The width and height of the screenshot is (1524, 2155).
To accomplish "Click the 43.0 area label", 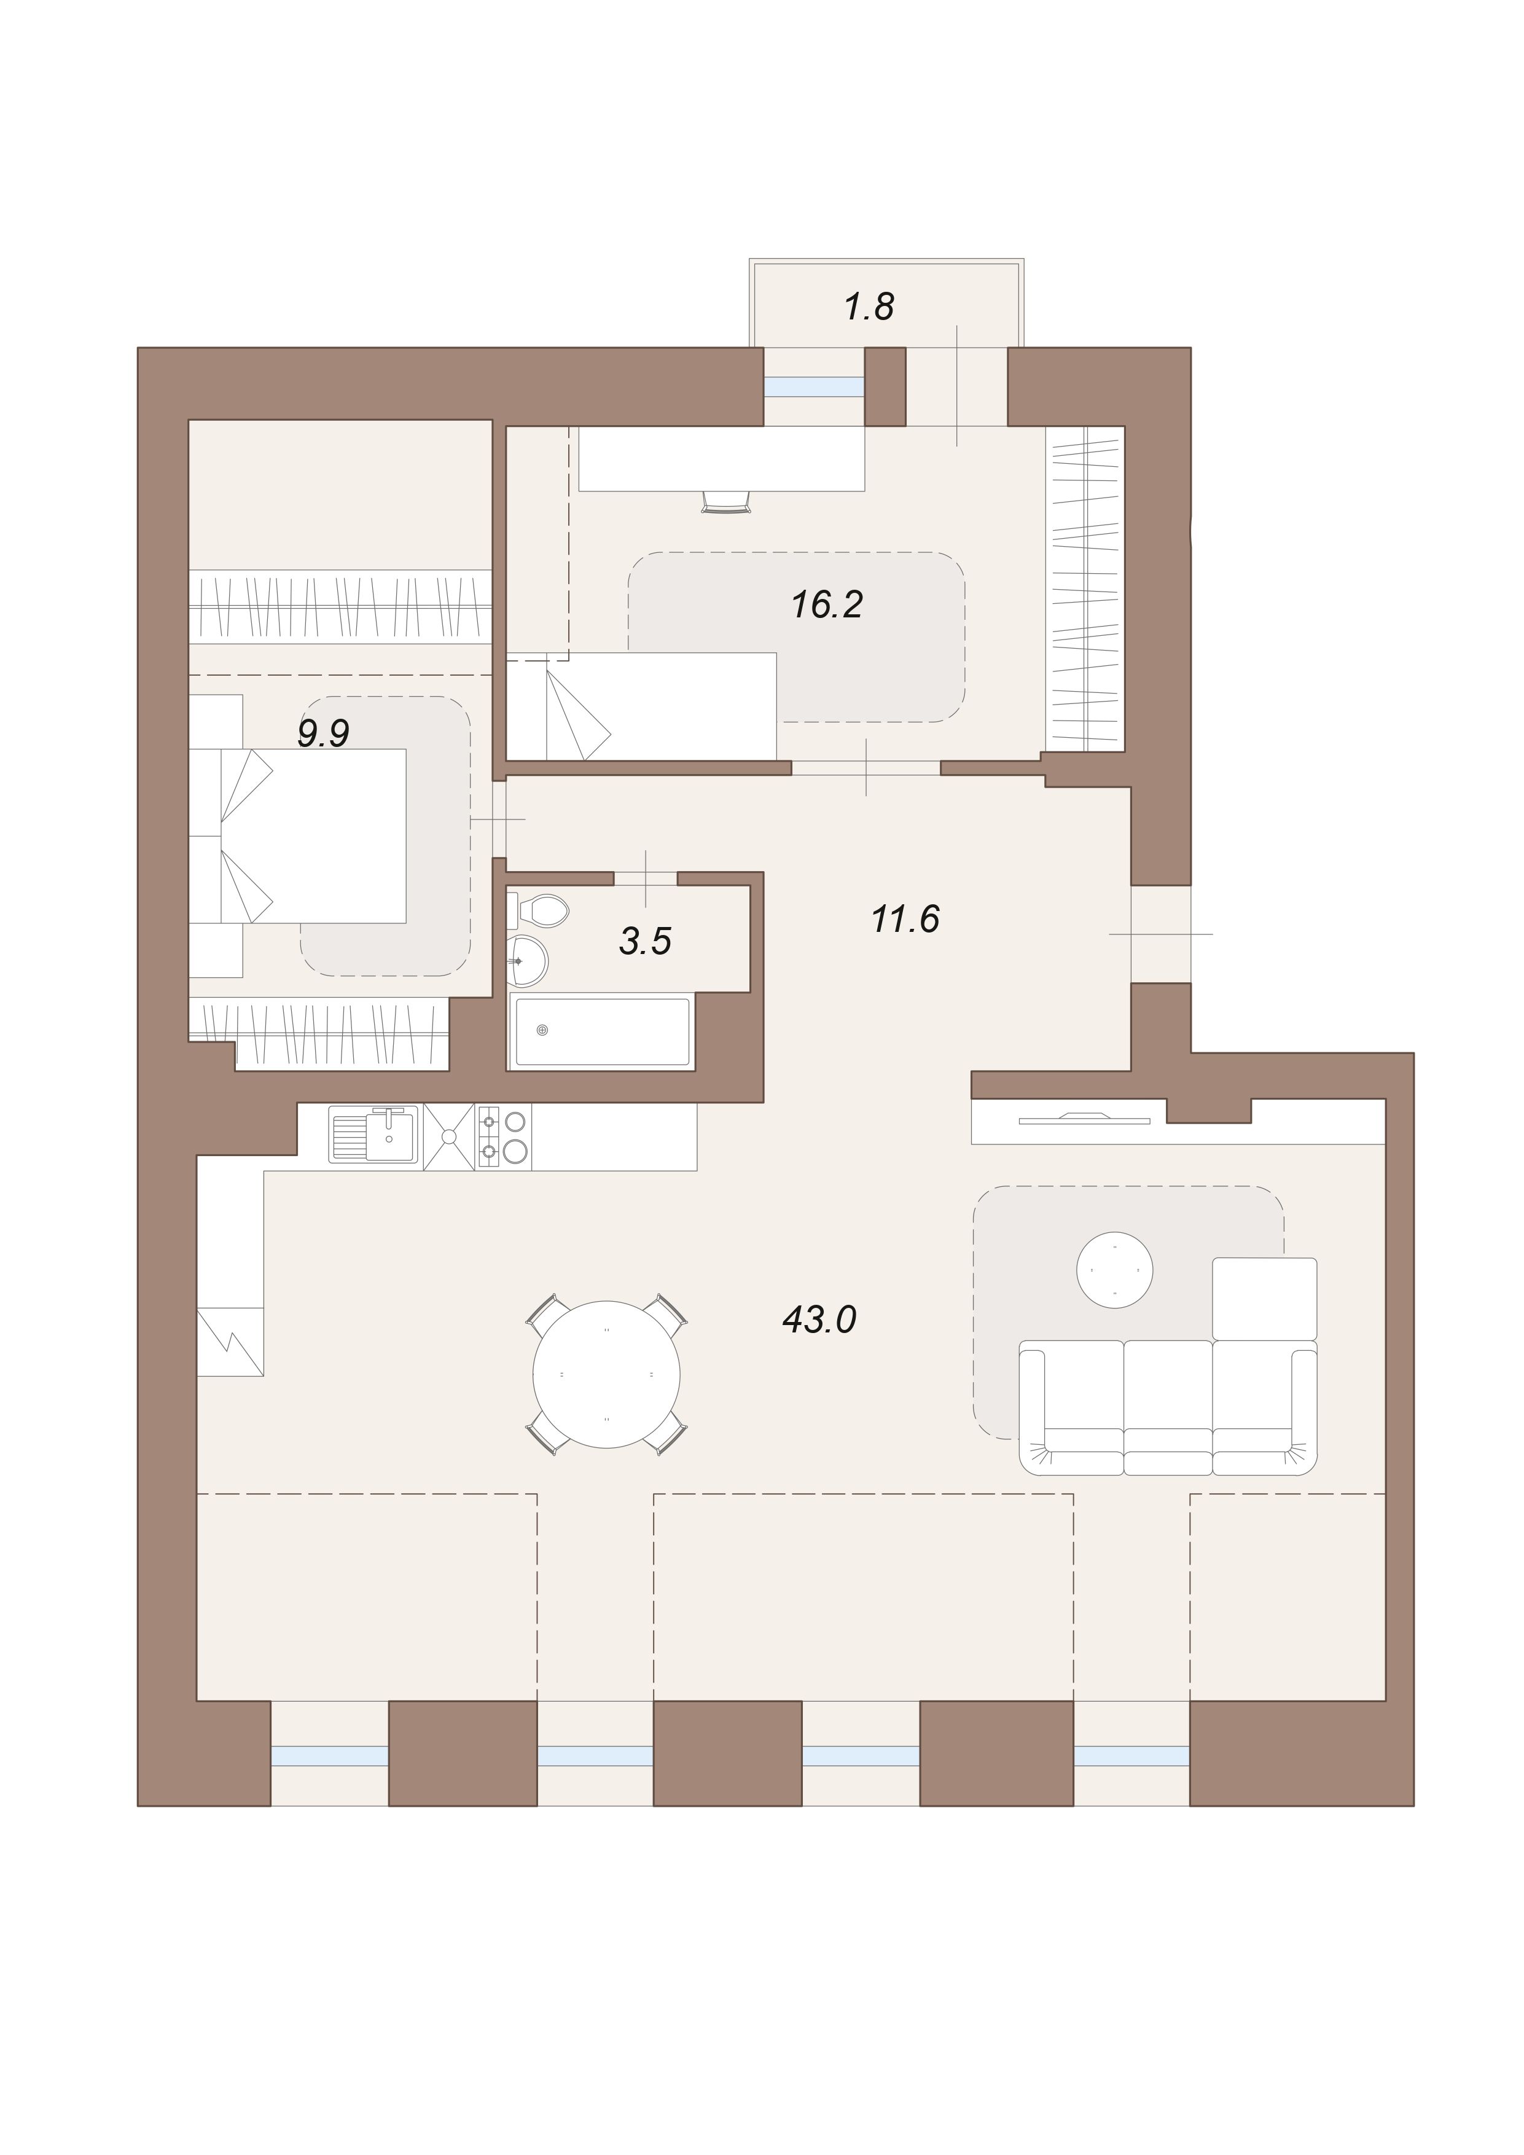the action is (x=819, y=1320).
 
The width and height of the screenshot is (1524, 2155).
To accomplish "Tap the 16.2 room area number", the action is (x=827, y=604).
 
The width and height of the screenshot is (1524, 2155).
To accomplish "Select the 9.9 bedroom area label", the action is (x=324, y=733).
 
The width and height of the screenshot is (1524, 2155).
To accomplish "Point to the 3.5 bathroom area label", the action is (x=645, y=941).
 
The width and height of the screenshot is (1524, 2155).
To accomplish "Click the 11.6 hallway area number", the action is (x=905, y=919).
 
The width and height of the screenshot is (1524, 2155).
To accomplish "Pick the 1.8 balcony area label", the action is (x=869, y=307).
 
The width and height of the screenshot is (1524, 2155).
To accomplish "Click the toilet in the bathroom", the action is (x=537, y=910).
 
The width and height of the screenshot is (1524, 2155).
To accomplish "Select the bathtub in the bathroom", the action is (x=603, y=1031).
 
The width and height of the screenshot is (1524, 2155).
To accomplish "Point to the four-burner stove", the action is (x=504, y=1136).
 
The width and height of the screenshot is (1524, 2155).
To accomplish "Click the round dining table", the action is (x=606, y=1375).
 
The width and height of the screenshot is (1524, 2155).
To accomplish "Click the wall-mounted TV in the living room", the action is (x=1084, y=1118).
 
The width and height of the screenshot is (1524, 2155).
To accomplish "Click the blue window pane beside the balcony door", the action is (x=814, y=386).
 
